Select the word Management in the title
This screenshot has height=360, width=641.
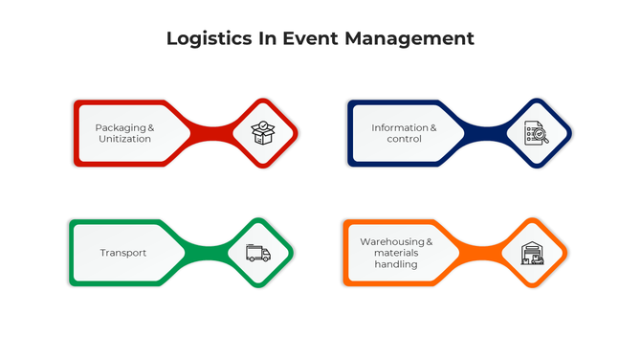point(410,39)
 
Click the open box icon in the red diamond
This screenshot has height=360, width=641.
point(263,133)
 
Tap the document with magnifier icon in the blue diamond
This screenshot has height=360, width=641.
point(536,133)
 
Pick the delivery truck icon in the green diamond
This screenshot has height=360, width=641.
point(257,253)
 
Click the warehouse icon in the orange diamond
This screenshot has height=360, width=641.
point(531,253)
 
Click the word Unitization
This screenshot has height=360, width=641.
point(124,139)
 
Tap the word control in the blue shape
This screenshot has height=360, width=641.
point(404,139)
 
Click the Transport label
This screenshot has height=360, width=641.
point(123,253)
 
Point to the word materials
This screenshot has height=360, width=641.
point(395,253)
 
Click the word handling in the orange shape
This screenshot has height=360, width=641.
point(395,264)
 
